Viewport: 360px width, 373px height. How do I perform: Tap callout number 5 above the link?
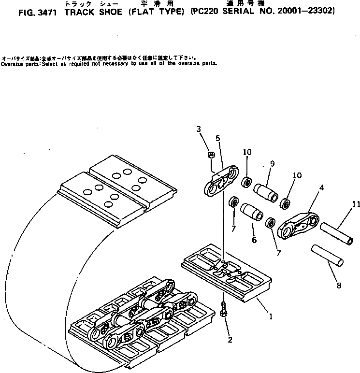[218, 138]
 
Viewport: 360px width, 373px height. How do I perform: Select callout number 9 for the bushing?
[272, 164]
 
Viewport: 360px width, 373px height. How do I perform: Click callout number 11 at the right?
[356, 205]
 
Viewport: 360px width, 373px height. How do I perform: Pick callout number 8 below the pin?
[339, 286]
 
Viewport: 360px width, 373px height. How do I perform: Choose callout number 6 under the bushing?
[254, 240]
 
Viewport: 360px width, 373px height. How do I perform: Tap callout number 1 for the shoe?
[271, 317]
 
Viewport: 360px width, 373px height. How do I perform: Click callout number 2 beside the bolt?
[230, 340]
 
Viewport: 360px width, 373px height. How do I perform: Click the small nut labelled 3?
[211, 155]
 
